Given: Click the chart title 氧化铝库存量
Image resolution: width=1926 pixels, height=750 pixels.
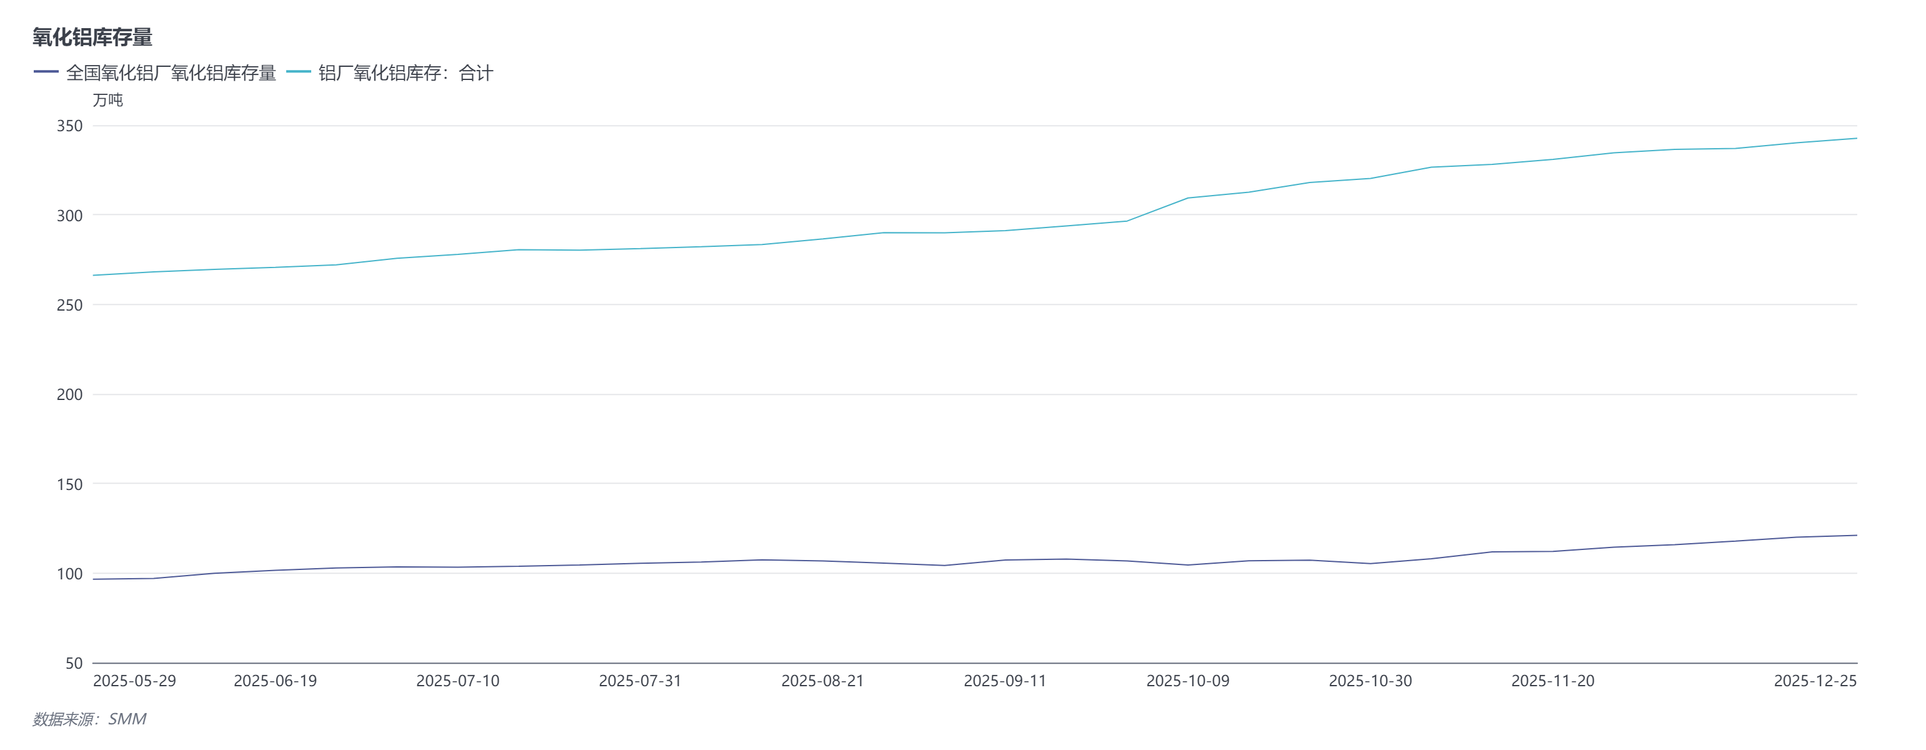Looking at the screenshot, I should [92, 37].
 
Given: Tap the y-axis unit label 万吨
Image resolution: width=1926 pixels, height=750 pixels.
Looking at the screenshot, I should [107, 100].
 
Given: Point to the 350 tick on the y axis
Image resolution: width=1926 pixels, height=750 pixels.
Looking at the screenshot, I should [69, 126].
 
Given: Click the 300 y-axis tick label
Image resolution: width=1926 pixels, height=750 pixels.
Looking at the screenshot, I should [69, 216].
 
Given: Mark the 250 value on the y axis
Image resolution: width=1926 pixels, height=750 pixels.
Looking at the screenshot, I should [69, 305].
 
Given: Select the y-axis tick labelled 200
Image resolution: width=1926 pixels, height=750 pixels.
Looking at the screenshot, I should [69, 394].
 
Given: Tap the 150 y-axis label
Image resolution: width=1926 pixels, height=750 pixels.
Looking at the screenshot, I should [69, 484].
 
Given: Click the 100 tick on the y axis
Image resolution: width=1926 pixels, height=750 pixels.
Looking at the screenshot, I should [69, 574].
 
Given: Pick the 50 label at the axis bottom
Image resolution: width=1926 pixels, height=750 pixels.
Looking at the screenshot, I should [74, 662].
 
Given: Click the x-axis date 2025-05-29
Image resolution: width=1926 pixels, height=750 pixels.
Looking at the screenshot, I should [134, 681].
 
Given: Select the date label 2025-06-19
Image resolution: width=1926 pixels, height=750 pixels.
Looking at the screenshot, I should [275, 681].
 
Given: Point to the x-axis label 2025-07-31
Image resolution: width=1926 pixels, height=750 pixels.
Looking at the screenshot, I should [640, 681].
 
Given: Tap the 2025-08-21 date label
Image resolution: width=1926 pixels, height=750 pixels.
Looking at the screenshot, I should [822, 681].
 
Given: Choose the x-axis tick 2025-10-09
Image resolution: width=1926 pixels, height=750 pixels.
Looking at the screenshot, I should [1187, 681].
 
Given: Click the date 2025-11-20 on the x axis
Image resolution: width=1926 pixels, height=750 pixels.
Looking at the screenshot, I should [1553, 681].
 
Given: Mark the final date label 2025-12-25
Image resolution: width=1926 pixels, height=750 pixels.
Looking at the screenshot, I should [1815, 681].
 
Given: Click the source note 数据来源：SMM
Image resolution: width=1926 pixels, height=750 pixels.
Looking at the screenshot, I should [90, 719].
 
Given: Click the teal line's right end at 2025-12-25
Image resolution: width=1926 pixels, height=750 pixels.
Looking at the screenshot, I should [1856, 138].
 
